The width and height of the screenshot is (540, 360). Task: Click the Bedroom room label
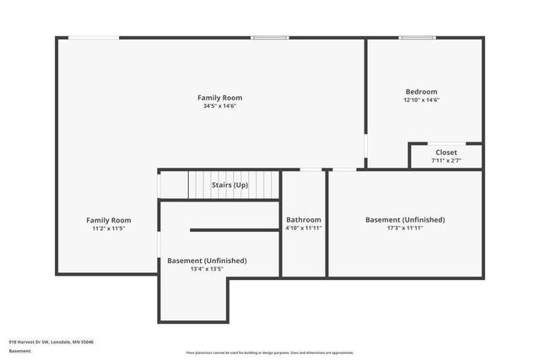pyautogui.click(x=421, y=92)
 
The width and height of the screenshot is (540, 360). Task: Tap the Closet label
pyautogui.click(x=445, y=153)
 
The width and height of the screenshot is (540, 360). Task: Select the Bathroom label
pyautogui.click(x=303, y=219)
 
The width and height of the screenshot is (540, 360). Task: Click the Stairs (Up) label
pyautogui.click(x=229, y=185)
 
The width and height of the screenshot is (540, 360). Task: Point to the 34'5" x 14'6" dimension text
pyautogui.click(x=219, y=106)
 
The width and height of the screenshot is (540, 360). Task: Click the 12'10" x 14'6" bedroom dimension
pyautogui.click(x=421, y=100)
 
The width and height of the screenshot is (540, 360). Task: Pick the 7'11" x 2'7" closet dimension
pyautogui.click(x=445, y=160)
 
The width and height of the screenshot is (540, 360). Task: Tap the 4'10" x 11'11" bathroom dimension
pyautogui.click(x=303, y=228)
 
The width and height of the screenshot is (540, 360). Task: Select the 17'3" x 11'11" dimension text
pyautogui.click(x=404, y=228)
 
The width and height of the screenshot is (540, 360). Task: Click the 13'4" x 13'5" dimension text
pyautogui.click(x=207, y=269)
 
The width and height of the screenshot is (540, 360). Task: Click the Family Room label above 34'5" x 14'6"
pyautogui.click(x=219, y=98)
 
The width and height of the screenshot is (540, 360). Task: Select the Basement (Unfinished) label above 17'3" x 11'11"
pyautogui.click(x=404, y=219)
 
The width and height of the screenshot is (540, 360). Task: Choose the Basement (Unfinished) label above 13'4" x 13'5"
pyautogui.click(x=207, y=261)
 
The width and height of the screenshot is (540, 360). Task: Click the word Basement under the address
pyautogui.click(x=19, y=350)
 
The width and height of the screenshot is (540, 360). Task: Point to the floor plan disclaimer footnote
pyautogui.click(x=269, y=352)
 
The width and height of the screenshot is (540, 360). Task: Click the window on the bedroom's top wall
pyautogui.click(x=417, y=37)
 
